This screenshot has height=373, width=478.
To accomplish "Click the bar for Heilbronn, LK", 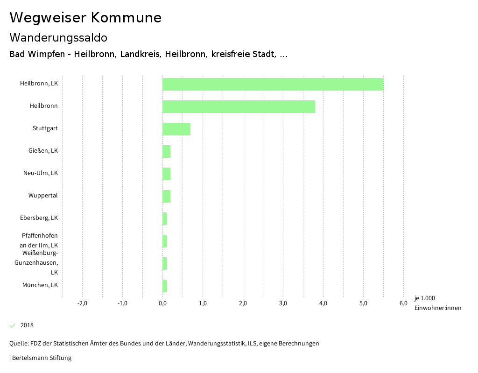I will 273,84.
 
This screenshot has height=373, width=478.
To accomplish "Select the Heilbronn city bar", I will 239,106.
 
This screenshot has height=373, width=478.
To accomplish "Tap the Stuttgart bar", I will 176,129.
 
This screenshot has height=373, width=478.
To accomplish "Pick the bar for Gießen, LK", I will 166,151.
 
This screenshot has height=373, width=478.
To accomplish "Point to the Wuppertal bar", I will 166,196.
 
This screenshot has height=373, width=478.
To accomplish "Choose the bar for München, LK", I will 164,286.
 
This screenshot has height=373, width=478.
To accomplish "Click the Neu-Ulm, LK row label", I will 41,173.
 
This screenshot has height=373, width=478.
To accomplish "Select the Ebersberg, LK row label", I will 39,218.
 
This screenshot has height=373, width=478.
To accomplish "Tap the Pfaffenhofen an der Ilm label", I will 40,240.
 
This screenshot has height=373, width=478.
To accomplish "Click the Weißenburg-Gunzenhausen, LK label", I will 40,262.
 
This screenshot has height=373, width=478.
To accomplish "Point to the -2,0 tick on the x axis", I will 82,303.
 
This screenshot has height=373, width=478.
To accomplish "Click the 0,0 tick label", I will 162,303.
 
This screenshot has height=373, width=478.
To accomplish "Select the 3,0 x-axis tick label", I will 283,303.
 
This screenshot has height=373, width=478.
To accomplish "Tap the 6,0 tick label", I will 403,303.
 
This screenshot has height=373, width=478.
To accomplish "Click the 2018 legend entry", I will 27,325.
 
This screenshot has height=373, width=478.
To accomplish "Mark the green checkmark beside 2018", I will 13,325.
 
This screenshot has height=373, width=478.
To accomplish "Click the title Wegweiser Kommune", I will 85,18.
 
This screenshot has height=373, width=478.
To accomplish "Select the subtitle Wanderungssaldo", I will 58,37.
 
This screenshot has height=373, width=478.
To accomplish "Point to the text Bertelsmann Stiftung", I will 42,358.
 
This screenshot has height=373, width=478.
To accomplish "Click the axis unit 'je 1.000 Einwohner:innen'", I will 437,303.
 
